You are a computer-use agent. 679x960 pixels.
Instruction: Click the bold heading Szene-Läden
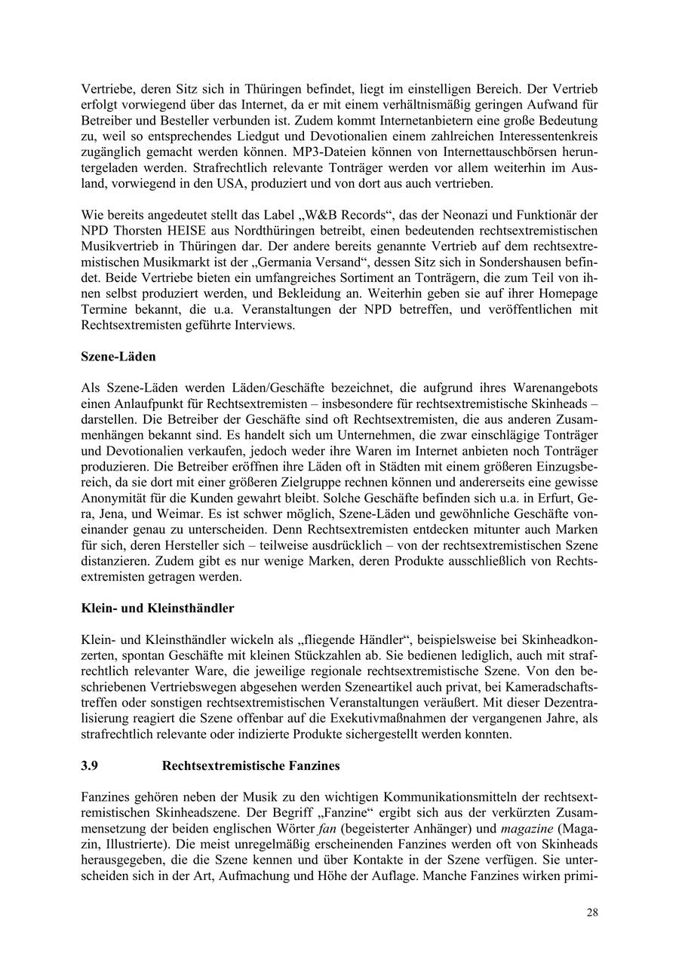[x=118, y=356]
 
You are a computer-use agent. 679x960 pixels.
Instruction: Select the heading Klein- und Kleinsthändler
[x=157, y=608]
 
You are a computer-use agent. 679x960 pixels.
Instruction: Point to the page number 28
[x=592, y=912]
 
